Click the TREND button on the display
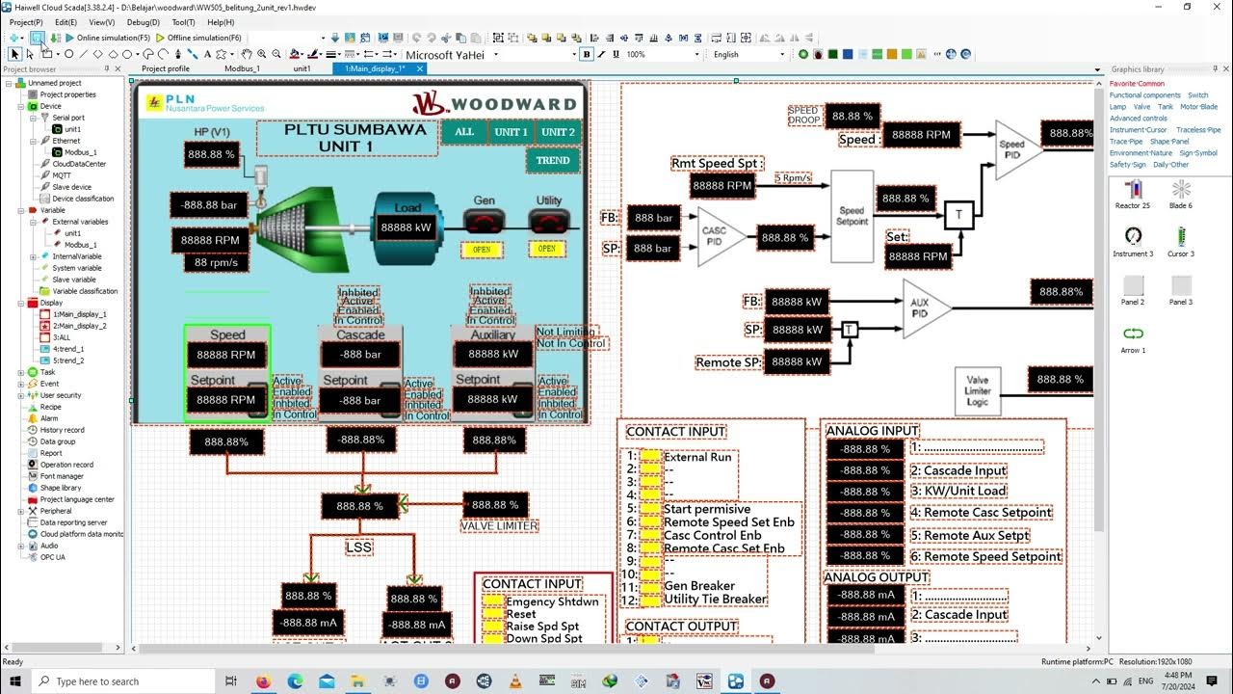tap(553, 160)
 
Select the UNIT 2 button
tap(558, 132)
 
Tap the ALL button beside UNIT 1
tap(464, 132)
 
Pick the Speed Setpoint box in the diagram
tap(852, 216)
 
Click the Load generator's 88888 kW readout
tap(407, 227)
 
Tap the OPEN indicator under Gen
tap(482, 249)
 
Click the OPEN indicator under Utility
tap(547, 249)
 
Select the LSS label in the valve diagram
tap(359, 547)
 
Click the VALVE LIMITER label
tap(499, 525)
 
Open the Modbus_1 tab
tap(242, 68)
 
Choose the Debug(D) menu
tap(144, 21)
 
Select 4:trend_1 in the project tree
tap(68, 349)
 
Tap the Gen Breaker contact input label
tap(699, 585)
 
